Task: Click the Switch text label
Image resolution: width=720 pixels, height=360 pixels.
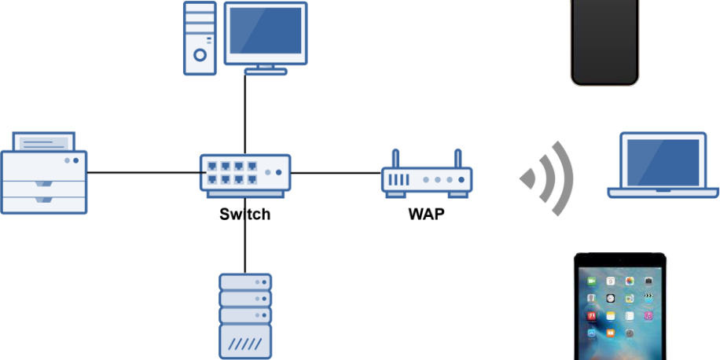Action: point(244,214)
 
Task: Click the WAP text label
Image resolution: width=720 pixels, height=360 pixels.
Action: point(425,214)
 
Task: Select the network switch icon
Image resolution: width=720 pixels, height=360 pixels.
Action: point(244,173)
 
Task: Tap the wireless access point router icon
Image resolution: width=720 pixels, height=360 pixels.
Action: point(427,180)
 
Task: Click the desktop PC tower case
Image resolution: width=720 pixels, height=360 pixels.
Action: point(200,38)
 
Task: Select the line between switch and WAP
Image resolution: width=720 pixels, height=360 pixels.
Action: point(336,172)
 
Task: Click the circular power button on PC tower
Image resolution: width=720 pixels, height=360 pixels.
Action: point(200,55)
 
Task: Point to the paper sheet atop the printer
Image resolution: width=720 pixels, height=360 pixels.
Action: point(44,143)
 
